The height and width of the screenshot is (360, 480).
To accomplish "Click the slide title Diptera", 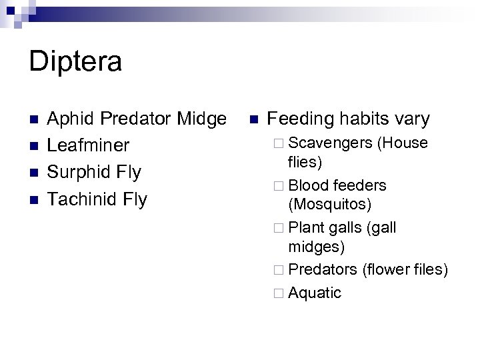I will pos(75,62).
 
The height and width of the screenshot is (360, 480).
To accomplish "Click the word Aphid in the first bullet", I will pos(70,119).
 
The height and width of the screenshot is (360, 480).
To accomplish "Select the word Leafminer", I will pos(89,146).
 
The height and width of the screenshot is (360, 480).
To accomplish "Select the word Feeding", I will pos(300,119).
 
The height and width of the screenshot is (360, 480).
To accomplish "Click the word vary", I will pos(411,119).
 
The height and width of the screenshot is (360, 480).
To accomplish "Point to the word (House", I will pos(403,143).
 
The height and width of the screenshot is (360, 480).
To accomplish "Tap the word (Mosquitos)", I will pos(330,202).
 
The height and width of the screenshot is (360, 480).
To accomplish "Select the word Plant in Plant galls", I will pos(306,228).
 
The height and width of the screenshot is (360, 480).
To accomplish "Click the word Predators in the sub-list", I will pos(323,269).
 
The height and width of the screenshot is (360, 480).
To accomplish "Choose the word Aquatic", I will pos(315,293).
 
